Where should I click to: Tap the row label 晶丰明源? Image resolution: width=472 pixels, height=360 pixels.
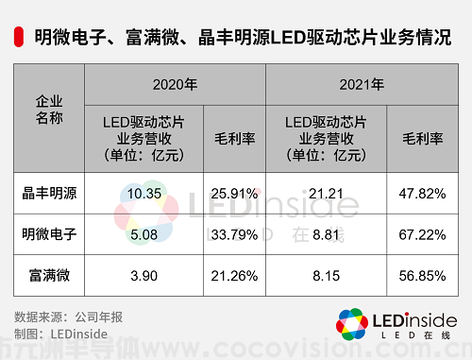click(x=49, y=194)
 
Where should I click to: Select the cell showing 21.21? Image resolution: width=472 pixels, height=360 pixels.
click(x=326, y=194)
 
